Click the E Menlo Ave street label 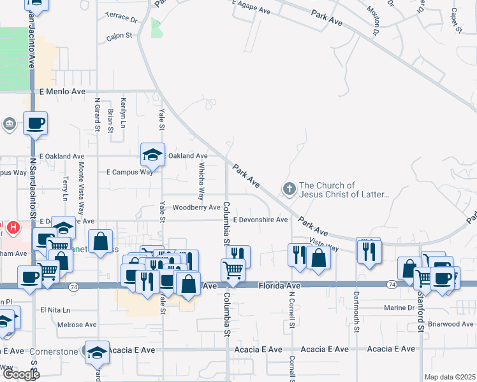(x=62, y=92)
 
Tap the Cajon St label (x=119, y=36)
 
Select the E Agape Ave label (x=251, y=9)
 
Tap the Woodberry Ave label (x=196, y=208)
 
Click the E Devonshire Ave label (x=260, y=220)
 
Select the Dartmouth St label (x=356, y=309)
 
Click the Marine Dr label (x=399, y=308)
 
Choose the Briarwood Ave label (x=450, y=324)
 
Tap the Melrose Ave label (x=77, y=325)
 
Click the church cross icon (x=289, y=189)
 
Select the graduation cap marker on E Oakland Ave (x=152, y=155)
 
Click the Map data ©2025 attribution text (x=450, y=377)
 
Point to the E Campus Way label (x=129, y=172)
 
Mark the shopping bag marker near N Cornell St (x=319, y=258)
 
